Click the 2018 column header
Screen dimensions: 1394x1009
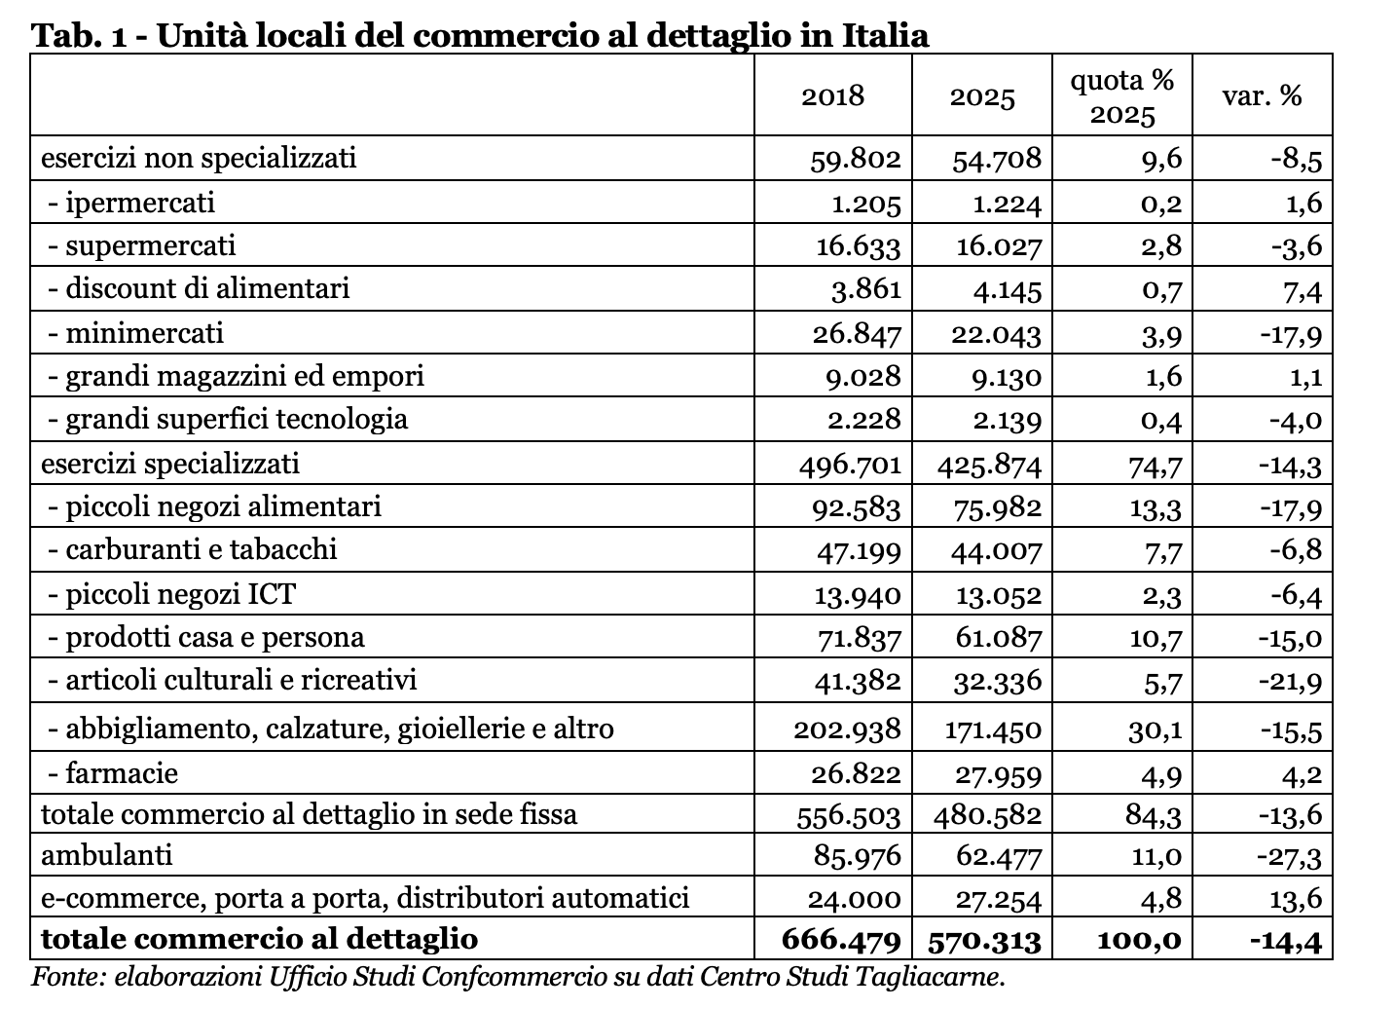(832, 96)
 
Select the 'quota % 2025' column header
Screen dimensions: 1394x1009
(1122, 97)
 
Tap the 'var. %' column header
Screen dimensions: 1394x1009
(1262, 96)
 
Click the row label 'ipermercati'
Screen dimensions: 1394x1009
(140, 204)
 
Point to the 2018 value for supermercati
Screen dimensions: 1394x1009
(859, 247)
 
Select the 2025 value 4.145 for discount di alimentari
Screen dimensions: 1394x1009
(1008, 290)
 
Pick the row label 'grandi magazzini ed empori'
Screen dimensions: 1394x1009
(244, 377)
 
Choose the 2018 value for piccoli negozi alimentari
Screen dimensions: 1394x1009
(857, 508)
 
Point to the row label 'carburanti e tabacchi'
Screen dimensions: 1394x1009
(201, 549)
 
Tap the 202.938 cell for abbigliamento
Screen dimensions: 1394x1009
(847, 729)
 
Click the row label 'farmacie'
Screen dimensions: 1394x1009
(122, 773)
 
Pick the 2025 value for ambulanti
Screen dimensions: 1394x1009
(999, 857)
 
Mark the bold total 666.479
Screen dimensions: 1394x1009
(841, 939)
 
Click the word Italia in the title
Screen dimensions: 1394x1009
(886, 35)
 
